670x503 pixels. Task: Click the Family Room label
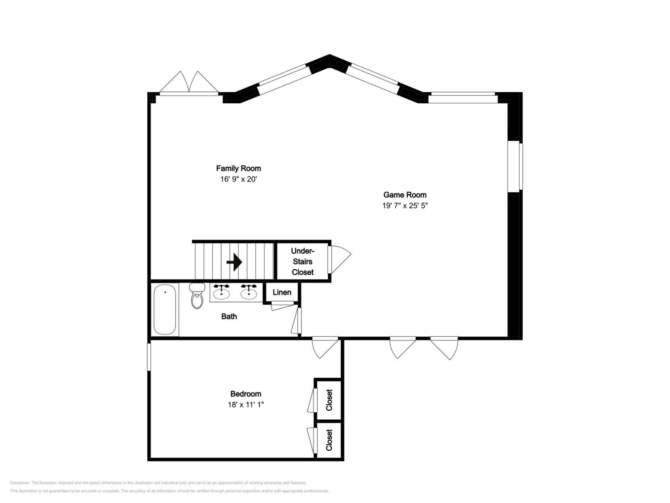238,168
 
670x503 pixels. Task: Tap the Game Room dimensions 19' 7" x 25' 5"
405,206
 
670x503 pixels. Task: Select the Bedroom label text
246,394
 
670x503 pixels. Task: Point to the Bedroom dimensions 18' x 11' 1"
246,404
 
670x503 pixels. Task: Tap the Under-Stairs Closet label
303,261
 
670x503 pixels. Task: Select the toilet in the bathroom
197,296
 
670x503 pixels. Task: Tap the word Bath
229,317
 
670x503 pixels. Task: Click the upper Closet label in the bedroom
329,400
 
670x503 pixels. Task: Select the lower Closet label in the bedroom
329,440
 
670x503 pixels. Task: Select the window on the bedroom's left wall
149,357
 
